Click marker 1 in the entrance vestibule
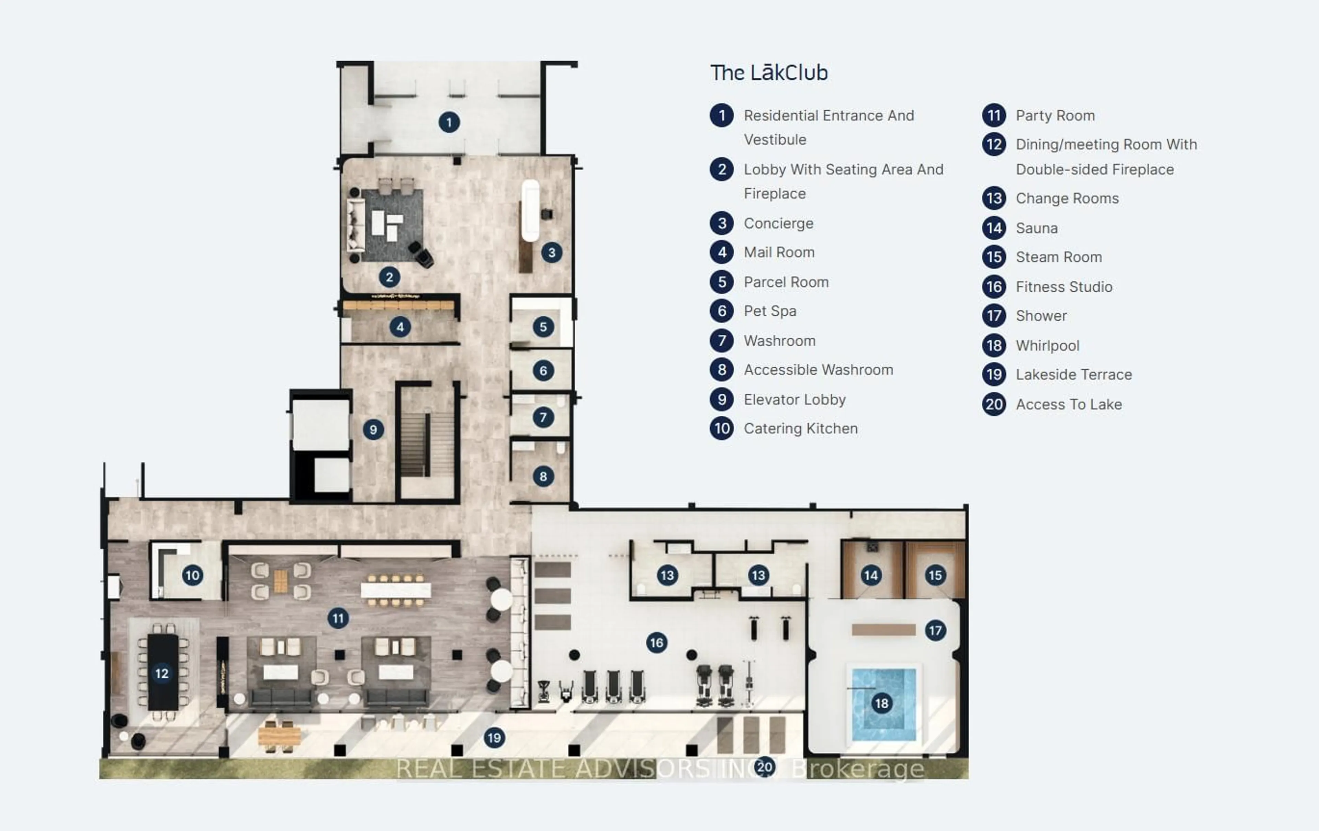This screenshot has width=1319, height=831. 449,122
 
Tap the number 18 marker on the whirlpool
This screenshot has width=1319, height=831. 881,703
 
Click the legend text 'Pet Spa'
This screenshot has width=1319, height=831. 770,311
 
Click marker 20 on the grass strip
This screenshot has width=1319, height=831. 765,767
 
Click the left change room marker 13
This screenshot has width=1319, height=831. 667,575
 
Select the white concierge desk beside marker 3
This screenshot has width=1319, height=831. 530,210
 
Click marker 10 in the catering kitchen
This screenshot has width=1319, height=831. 192,575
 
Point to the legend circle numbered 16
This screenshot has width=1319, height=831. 994,287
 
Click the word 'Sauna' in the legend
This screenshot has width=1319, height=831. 1036,228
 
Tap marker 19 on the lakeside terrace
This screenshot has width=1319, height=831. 494,737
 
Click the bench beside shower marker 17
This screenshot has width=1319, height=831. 883,630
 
